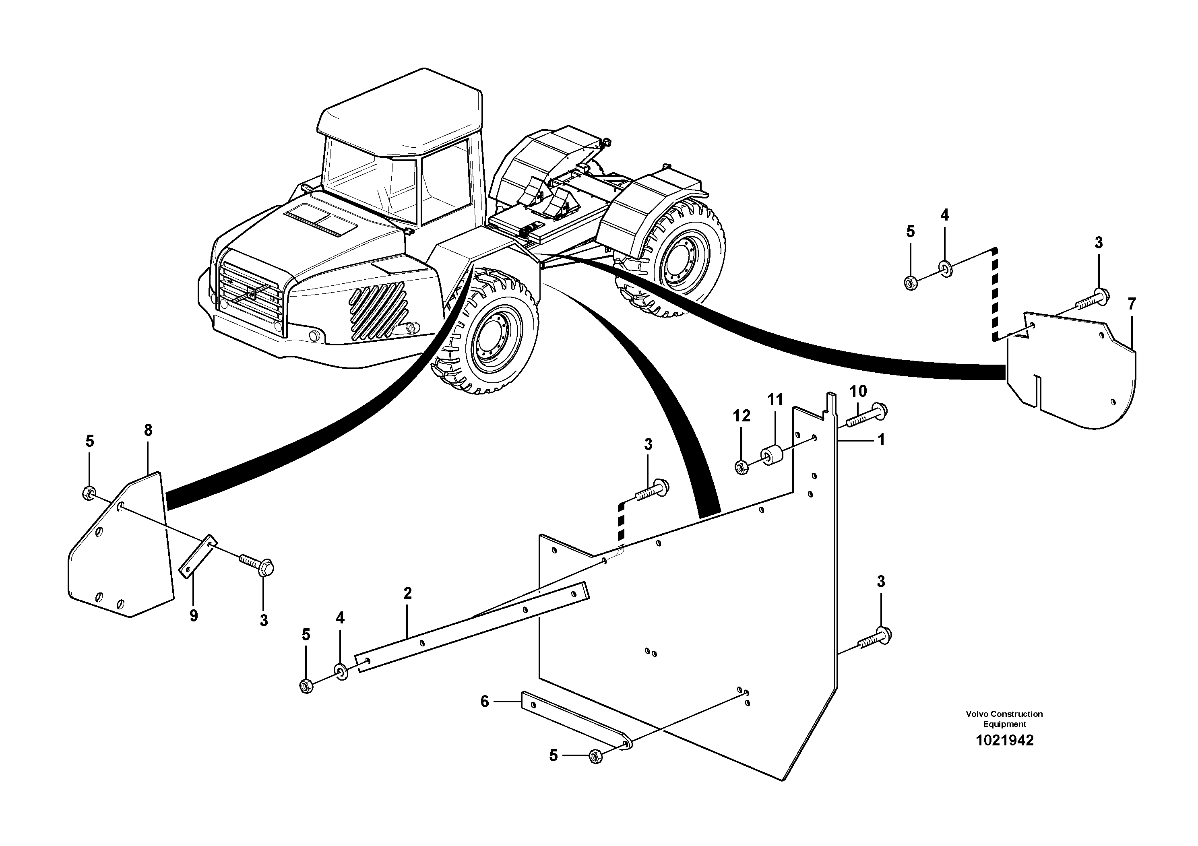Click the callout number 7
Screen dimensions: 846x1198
point(1131,304)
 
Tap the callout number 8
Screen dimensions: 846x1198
point(148,430)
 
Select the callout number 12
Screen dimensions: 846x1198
point(742,416)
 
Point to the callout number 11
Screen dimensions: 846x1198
point(775,400)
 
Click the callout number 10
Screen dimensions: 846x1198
point(858,391)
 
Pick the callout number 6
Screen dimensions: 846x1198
point(485,702)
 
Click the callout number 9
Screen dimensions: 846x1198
point(194,616)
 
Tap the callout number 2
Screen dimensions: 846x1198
point(407,593)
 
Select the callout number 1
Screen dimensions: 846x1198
point(881,440)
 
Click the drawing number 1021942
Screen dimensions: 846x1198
point(1004,741)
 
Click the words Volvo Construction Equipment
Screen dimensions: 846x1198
point(1004,719)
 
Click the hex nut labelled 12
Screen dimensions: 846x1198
point(741,467)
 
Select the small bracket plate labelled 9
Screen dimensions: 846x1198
point(198,557)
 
